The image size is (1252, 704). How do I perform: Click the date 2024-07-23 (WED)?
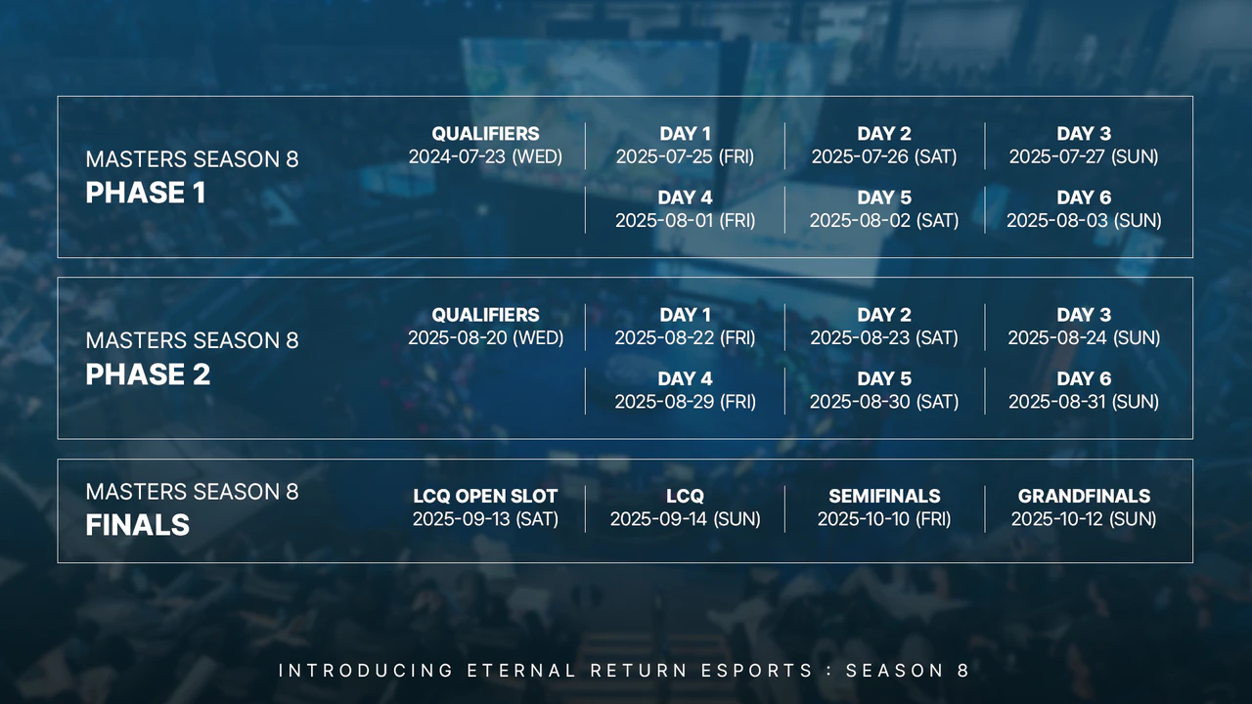pyautogui.click(x=485, y=156)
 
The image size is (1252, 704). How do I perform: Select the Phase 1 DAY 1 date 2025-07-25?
pyautogui.click(x=685, y=156)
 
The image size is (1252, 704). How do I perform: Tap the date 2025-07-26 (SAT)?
pyautogui.click(x=883, y=156)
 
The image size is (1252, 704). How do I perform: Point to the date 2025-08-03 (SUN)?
pyautogui.click(x=1084, y=221)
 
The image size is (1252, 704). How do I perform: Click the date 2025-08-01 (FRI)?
pyautogui.click(x=685, y=221)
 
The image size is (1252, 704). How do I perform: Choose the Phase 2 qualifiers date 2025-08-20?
pyautogui.click(x=485, y=338)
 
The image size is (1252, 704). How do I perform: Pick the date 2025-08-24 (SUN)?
pyautogui.click(x=1084, y=338)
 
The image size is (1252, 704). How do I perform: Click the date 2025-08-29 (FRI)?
pyautogui.click(x=685, y=402)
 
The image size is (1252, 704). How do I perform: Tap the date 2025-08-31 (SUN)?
pyautogui.click(x=1084, y=402)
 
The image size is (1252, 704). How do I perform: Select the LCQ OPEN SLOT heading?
pyautogui.click(x=485, y=497)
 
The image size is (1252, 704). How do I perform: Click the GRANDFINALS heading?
pyautogui.click(x=1084, y=497)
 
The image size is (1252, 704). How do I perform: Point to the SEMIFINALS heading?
pyautogui.click(x=883, y=497)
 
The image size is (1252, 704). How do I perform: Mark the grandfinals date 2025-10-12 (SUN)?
pyautogui.click(x=1084, y=519)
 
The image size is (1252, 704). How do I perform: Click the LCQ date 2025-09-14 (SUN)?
pyautogui.click(x=685, y=519)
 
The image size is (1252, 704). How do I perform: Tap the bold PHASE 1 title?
pyautogui.click(x=146, y=194)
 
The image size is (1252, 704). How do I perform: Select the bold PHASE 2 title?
pyautogui.click(x=148, y=375)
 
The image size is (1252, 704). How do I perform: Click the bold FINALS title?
pyautogui.click(x=137, y=526)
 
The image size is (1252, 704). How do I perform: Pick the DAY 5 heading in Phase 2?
pyautogui.click(x=883, y=379)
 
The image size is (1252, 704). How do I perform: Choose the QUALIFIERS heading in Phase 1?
pyautogui.click(x=485, y=134)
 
